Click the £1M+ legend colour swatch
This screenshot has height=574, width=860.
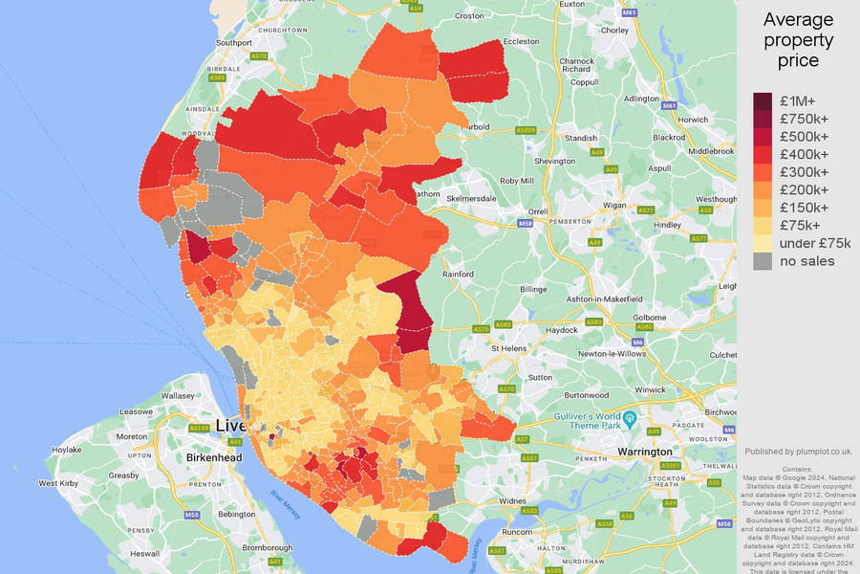[x=763, y=101]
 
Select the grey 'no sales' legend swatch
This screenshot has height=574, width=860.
[x=763, y=261]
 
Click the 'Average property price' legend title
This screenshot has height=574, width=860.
[x=798, y=40]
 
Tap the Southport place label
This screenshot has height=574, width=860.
[x=234, y=43]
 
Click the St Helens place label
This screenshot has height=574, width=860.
[x=508, y=349]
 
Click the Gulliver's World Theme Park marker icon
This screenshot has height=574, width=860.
[x=630, y=418]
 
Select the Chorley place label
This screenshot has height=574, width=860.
[x=615, y=31]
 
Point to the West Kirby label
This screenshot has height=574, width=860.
[x=58, y=484]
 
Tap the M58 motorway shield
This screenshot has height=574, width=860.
[x=525, y=223]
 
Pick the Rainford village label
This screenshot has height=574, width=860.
[x=458, y=275]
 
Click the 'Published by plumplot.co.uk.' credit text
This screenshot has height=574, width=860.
[x=798, y=452]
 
